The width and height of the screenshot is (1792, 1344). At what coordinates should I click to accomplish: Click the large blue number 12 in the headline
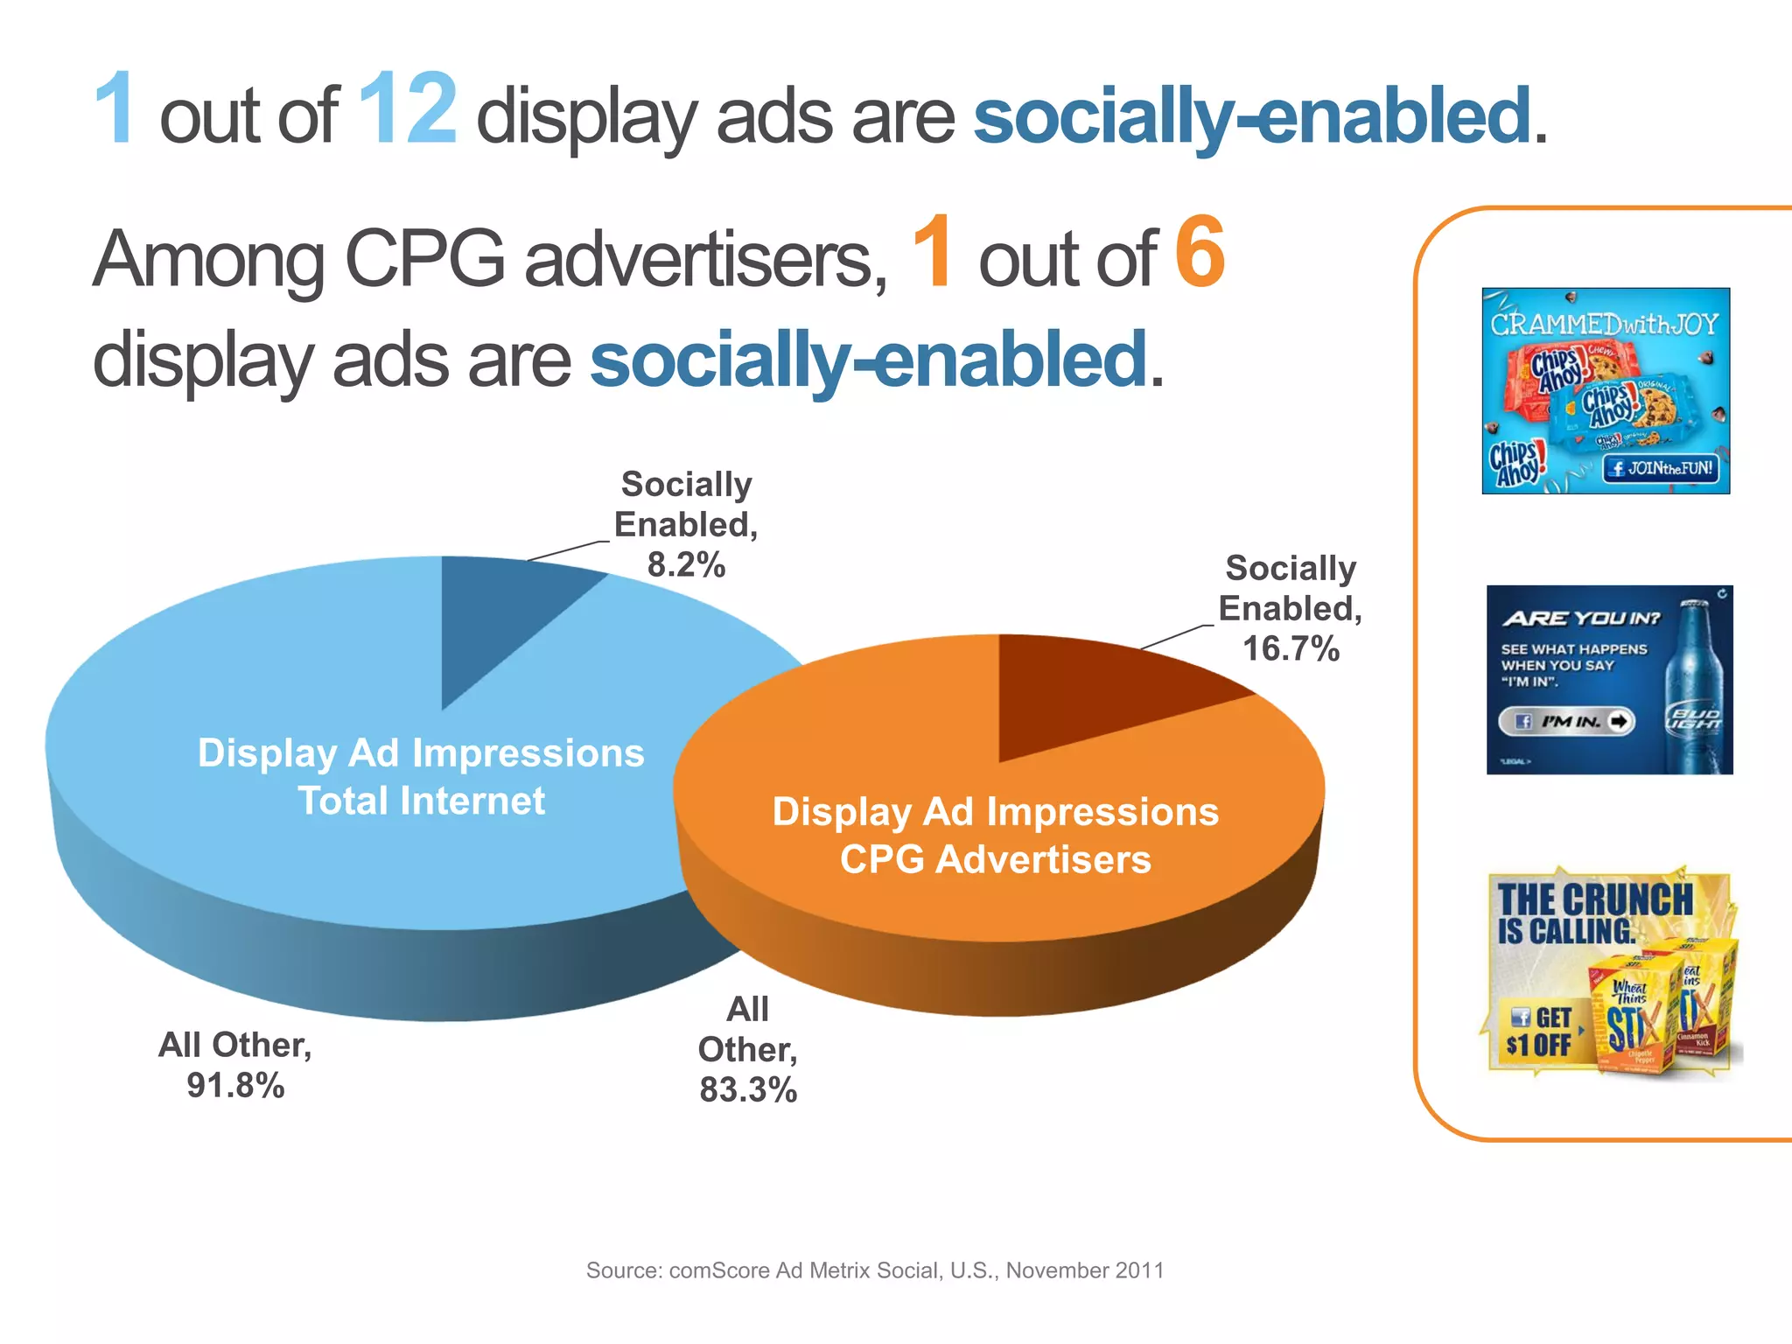click(x=407, y=110)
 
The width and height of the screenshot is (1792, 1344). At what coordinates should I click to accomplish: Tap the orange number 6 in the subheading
click(x=1199, y=253)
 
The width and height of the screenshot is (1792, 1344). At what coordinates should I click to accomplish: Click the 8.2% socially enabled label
click(x=686, y=525)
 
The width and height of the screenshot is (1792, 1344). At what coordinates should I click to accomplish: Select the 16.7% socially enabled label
click(x=1291, y=609)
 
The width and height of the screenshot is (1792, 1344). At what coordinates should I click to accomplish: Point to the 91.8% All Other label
click(x=234, y=1065)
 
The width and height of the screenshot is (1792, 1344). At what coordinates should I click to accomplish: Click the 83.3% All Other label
click(x=747, y=1049)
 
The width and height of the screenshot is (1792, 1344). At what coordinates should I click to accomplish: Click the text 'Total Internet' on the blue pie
click(x=421, y=801)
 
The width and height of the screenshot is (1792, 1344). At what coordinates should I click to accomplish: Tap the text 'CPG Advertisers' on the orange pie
click(x=995, y=859)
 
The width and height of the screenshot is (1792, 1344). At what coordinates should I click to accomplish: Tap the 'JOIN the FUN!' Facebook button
click(x=1660, y=468)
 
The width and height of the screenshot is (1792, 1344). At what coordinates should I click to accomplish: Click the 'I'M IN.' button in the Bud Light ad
click(x=1566, y=722)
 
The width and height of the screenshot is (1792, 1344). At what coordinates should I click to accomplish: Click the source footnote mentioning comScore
click(x=875, y=1270)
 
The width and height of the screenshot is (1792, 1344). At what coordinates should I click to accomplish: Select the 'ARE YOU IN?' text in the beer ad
click(x=1581, y=619)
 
